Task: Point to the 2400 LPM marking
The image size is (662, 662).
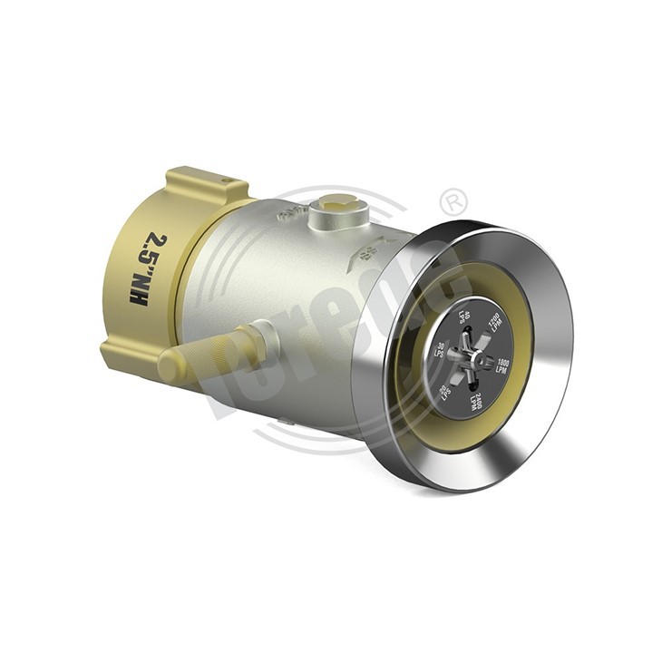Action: [474, 400]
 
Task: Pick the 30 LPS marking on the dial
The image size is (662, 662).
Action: [443, 350]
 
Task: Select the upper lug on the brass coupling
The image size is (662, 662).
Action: [207, 185]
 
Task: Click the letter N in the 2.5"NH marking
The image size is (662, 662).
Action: [139, 285]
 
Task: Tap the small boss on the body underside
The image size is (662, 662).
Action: [287, 421]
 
